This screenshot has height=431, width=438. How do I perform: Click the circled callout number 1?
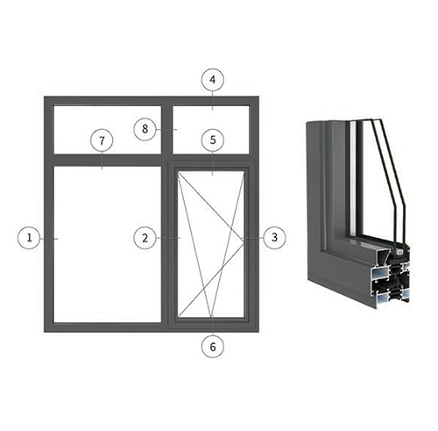pyautogui.click(x=29, y=238)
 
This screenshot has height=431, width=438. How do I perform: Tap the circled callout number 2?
pyautogui.click(x=145, y=238)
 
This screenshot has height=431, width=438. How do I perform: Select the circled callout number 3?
pyautogui.click(x=274, y=237)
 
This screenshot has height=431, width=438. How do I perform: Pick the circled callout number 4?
pyautogui.click(x=213, y=80)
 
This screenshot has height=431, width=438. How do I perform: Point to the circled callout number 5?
pyautogui.click(x=213, y=140)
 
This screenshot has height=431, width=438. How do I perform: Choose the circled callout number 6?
pyautogui.click(x=213, y=347)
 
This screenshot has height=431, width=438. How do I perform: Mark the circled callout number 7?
pyautogui.click(x=102, y=140)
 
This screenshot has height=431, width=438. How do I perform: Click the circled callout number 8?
pyautogui.click(x=145, y=129)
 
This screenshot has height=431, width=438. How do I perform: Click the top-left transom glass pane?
pyautogui.click(x=107, y=130)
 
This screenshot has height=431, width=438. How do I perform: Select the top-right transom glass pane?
pyautogui.click(x=211, y=130)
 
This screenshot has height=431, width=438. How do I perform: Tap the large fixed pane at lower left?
pyautogui.click(x=107, y=244)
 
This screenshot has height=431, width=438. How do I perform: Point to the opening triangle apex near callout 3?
pyautogui.click(x=244, y=241)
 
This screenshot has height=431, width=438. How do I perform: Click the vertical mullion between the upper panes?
pyautogui.click(x=166, y=130)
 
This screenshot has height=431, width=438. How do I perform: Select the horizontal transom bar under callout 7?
pyautogui.click(x=107, y=160)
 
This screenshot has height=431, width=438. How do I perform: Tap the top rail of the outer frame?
pyautogui.click(x=152, y=100)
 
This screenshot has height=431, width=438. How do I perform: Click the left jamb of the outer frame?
pyautogui.click(x=48, y=214)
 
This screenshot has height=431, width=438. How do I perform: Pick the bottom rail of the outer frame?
pyautogui.click(x=152, y=327)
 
